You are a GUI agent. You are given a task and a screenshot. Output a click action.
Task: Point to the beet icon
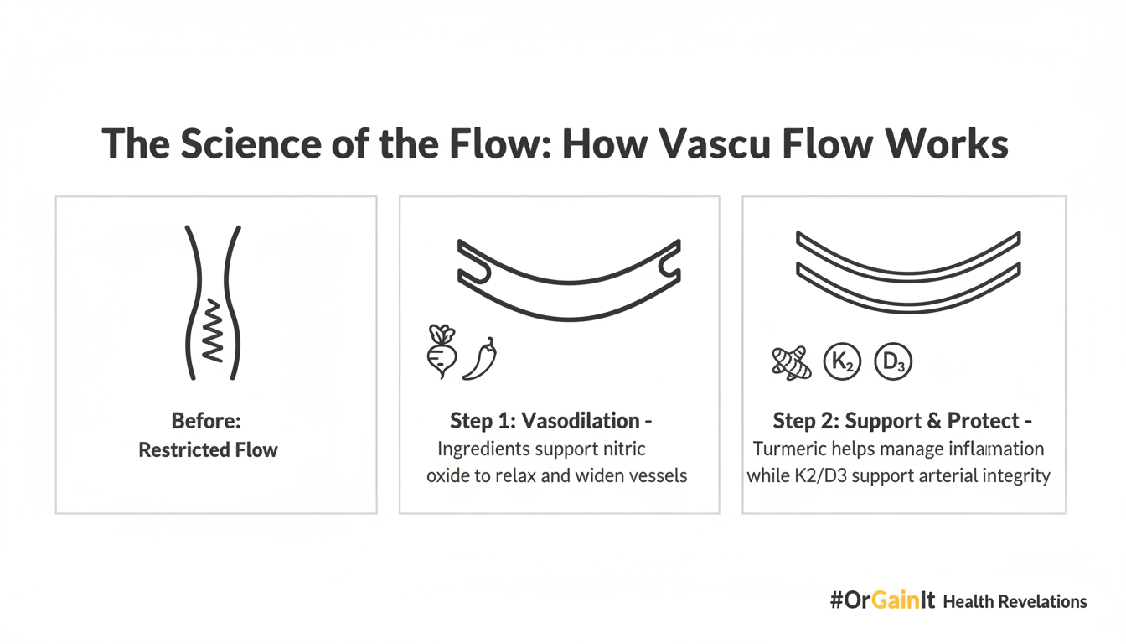(x=441, y=352)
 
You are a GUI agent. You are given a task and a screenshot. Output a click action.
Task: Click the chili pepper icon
(x=480, y=359)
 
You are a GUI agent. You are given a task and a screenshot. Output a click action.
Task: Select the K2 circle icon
(x=842, y=363)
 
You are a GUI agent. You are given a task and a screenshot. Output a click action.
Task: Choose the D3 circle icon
(x=892, y=363)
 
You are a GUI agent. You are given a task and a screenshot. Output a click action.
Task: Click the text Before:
(x=206, y=421)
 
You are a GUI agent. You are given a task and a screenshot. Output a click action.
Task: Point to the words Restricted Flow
(x=208, y=450)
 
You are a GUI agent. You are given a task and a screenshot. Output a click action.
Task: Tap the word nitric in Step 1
(x=624, y=449)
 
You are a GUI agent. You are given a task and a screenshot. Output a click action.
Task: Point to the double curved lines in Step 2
(x=907, y=268)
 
